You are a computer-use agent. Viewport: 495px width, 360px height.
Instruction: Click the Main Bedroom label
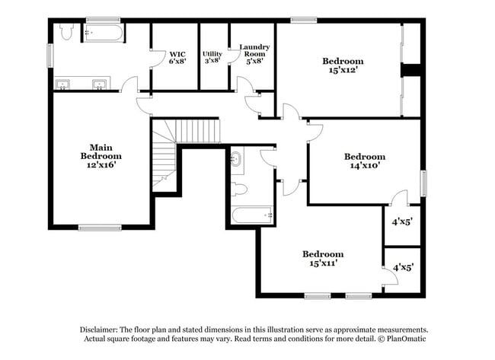(x=101, y=151)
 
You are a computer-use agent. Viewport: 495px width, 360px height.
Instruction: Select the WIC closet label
(x=177, y=54)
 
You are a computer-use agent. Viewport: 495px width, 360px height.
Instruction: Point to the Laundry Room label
(x=254, y=50)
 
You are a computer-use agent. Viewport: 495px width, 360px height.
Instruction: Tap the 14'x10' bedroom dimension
(x=364, y=164)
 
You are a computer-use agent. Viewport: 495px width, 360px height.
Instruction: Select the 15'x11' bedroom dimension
(x=322, y=263)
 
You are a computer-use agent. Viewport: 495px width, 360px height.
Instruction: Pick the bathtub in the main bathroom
(x=104, y=33)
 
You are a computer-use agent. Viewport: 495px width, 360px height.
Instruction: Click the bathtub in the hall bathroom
(x=251, y=215)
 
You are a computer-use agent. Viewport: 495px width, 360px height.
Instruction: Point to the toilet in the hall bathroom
(x=238, y=189)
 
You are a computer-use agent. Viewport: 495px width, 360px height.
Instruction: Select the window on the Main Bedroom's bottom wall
(x=100, y=227)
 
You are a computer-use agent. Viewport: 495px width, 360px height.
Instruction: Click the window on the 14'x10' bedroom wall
(x=423, y=183)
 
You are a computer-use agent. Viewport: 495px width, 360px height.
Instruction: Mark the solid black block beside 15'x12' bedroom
(x=411, y=70)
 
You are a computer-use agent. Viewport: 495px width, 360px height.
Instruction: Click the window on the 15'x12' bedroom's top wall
(x=304, y=19)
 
